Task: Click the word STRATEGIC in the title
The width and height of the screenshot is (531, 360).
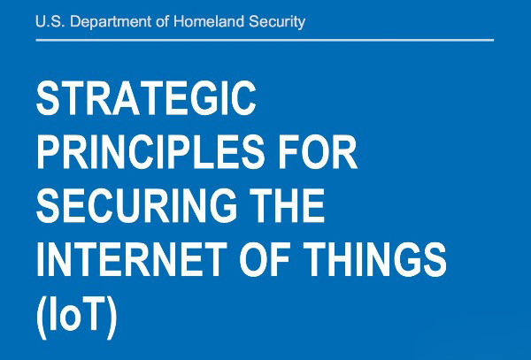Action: point(146,98)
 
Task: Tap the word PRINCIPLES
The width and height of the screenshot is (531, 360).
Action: point(150,151)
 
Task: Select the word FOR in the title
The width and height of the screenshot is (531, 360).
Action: point(318,151)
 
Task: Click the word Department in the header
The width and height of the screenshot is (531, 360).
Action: point(111,22)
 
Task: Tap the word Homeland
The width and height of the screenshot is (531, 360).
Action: point(209,21)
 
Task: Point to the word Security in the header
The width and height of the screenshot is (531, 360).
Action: point(277,22)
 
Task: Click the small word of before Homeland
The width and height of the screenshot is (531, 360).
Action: point(163,21)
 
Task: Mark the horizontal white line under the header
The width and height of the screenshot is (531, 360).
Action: point(265,41)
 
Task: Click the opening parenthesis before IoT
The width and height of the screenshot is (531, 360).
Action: point(42,318)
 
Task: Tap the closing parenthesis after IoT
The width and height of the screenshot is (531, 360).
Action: point(112,318)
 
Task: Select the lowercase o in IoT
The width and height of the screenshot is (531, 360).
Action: point(70,318)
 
